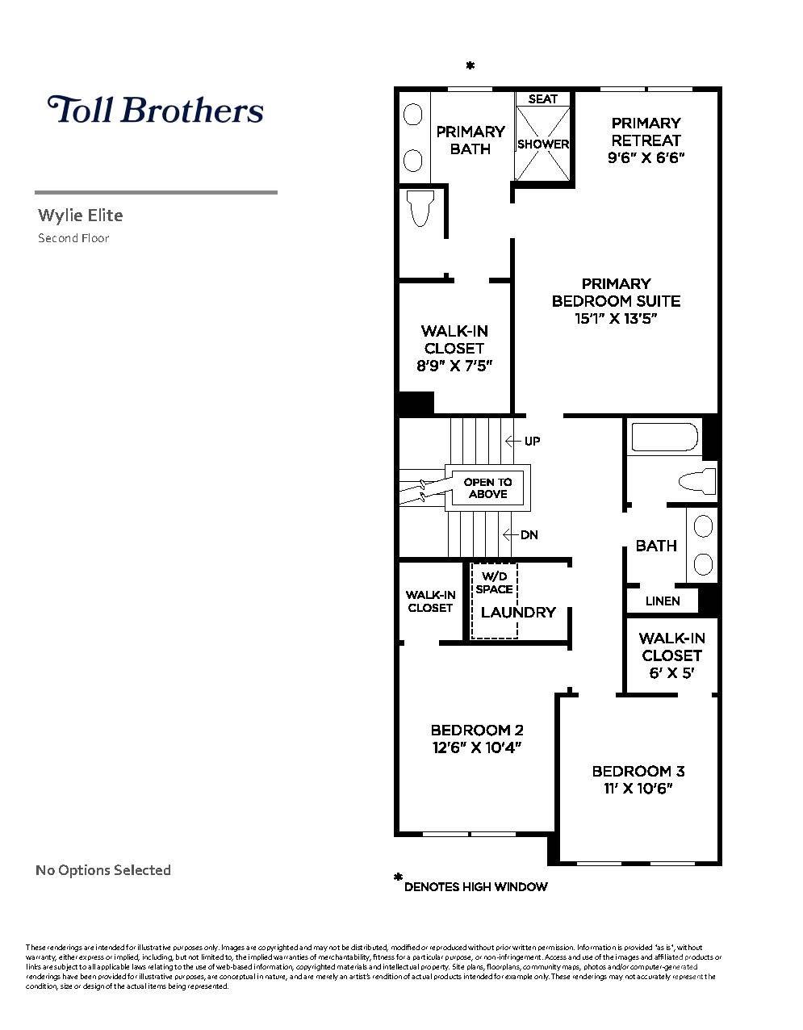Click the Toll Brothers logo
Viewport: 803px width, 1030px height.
(156, 110)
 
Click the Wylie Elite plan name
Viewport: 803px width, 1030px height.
(81, 216)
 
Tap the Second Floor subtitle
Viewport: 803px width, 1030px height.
(73, 238)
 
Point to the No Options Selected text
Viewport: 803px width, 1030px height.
(103, 870)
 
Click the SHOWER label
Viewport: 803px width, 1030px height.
(543, 144)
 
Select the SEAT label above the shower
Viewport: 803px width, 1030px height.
(543, 98)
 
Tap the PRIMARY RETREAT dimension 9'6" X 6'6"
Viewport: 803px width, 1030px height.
(646, 157)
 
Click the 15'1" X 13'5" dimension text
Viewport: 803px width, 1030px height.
(616, 318)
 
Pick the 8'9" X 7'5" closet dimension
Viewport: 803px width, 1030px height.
(454, 366)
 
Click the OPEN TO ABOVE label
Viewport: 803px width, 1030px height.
(487, 488)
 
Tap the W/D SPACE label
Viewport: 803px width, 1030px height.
(494, 583)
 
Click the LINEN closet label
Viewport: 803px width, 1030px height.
(663, 601)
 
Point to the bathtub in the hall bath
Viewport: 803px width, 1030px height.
(663, 437)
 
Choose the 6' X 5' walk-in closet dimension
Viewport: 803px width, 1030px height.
(671, 673)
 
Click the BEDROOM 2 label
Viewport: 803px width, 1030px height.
(477, 730)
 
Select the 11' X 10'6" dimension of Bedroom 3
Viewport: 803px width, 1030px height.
(638, 789)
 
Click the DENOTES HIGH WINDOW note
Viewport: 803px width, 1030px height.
(475, 886)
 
